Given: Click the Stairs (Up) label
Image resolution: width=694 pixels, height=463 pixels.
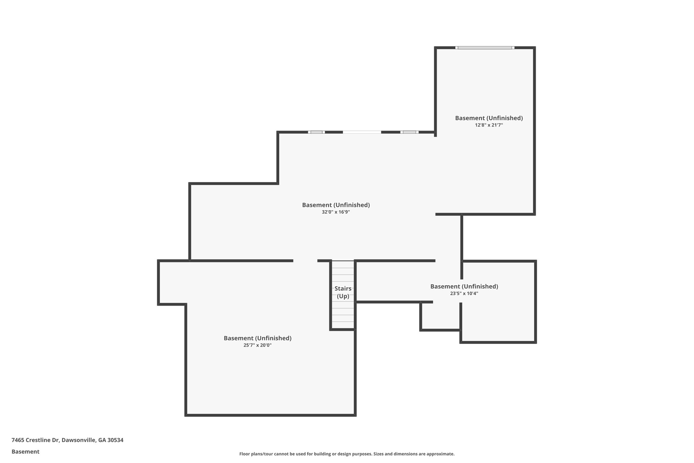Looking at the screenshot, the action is [343, 292].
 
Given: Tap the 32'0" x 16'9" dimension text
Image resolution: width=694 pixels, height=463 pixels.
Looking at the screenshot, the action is [336, 212].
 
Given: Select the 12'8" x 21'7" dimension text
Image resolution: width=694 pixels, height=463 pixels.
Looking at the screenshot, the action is [489, 125].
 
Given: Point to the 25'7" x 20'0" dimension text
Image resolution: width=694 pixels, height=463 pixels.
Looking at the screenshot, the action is [258, 345].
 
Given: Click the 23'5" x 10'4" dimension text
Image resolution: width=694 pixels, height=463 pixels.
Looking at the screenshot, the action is [464, 293].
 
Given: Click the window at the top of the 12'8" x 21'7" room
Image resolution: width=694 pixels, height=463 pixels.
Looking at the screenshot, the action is [485, 48].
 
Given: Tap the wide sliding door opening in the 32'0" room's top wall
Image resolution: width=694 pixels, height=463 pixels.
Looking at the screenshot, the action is [362, 132].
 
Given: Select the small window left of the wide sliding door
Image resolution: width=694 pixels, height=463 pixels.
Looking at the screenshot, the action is [317, 132].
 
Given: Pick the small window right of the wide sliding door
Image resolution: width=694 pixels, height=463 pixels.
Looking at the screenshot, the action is [409, 132].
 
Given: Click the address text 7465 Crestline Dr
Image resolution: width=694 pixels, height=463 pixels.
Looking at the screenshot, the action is [36, 440].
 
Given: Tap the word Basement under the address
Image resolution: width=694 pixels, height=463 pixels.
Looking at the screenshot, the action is [25, 452].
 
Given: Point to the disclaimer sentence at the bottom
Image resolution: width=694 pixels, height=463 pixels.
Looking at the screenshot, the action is [347, 454].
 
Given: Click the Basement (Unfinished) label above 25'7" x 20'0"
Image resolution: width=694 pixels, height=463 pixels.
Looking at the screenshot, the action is [258, 338].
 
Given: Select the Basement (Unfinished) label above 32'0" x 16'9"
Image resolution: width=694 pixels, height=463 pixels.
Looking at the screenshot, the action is [336, 205].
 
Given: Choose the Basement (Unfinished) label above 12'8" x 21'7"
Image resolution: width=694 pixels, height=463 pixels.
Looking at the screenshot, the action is [489, 118].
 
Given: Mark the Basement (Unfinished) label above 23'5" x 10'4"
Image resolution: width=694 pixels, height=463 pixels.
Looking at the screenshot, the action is [464, 286].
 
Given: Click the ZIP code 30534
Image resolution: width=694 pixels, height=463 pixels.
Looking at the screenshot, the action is [115, 440].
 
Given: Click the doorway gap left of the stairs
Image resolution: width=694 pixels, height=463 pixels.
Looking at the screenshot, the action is [305, 261].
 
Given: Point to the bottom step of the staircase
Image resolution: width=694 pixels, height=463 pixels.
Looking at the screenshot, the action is [343, 325].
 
